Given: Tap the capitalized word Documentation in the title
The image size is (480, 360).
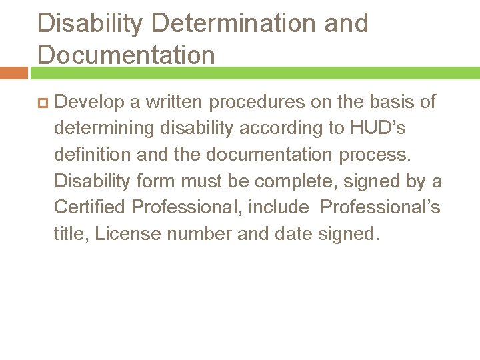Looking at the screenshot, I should [x=127, y=55].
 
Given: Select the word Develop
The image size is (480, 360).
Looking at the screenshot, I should [x=91, y=102].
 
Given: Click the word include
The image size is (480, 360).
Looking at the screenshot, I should [x=279, y=207].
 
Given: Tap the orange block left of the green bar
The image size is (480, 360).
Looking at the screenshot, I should [x=14, y=73].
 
